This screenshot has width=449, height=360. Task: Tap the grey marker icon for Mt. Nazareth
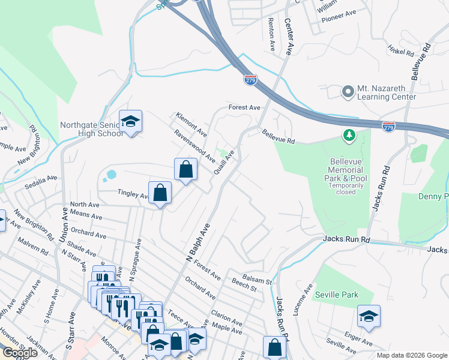(x=348, y=92)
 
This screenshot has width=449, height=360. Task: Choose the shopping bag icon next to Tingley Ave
(x=160, y=193)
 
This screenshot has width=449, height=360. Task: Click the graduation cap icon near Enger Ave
(x=369, y=317)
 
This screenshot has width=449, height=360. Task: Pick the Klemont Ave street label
(x=191, y=124)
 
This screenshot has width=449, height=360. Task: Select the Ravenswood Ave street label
(x=195, y=147)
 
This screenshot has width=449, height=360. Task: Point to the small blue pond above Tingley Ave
(x=110, y=175)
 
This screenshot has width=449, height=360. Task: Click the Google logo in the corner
(x=20, y=353)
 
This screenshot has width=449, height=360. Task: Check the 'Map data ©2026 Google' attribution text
(x=411, y=355)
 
